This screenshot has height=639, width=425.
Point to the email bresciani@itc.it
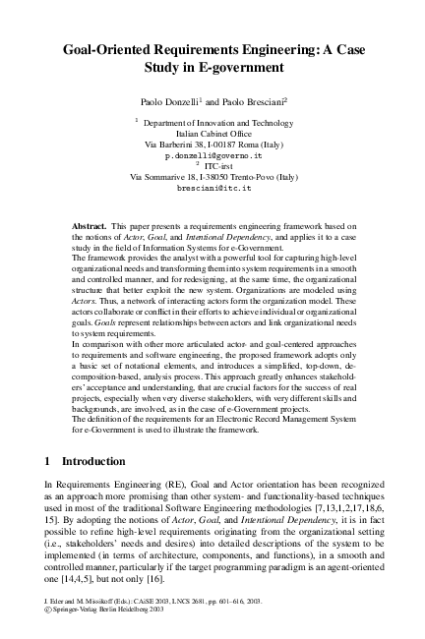(213, 187)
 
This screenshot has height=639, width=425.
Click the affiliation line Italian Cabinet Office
(213, 133)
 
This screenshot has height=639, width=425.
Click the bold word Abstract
(90, 226)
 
